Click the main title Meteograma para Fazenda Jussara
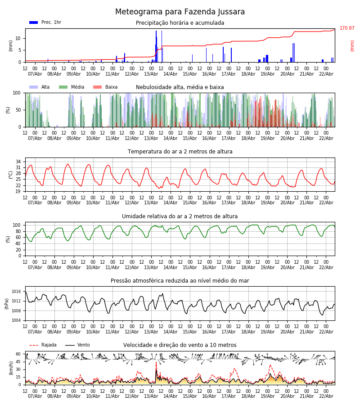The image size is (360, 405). click(180, 12)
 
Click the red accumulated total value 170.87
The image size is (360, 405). click(347, 28)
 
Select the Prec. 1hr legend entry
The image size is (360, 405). click(45, 22)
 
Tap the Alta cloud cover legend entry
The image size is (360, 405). click(40, 87)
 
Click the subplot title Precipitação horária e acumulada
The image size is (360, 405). click(180, 23)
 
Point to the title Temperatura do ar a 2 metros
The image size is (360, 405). click(180, 152)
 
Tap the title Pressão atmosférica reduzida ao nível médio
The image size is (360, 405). click(180, 281)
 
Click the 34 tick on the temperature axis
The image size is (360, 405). click(18, 161)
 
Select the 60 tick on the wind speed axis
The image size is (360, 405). click(18, 354)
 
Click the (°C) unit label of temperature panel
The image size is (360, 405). click(11, 174)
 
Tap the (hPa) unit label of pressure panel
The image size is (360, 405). click(7, 303)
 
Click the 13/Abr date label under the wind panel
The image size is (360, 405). click(151, 396)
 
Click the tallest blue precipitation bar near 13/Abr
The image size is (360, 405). click(156, 45)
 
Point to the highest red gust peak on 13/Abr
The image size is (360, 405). click(156, 363)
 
